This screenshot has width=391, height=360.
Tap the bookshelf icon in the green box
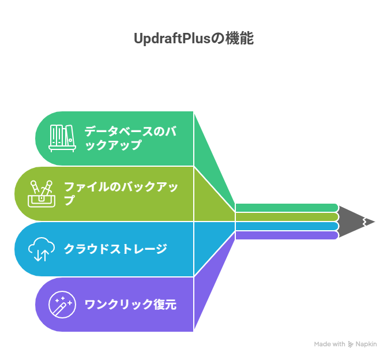tap(61, 138)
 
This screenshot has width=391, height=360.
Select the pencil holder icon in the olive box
tap(42, 193)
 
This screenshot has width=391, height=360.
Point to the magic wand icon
tap(61, 304)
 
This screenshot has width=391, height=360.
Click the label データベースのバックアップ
tap(130, 138)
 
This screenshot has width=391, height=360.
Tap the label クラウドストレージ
tap(115, 249)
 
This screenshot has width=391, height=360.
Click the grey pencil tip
tap(358, 221)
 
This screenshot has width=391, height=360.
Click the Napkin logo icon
tap(351, 344)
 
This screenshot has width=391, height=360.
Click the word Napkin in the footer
tap(366, 344)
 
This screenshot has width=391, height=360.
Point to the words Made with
tap(329, 344)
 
